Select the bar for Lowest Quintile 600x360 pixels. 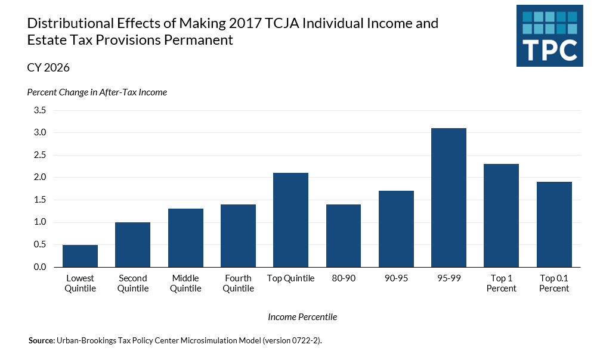[x=80, y=256]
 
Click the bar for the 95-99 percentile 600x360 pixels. [x=449, y=197]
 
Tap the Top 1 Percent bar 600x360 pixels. [x=501, y=215]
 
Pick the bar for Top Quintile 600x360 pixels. [x=290, y=220]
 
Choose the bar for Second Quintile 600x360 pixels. [x=132, y=244]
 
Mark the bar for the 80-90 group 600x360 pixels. [x=343, y=235]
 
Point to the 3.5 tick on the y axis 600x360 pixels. [x=40, y=110]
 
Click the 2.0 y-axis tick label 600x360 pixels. [x=40, y=178]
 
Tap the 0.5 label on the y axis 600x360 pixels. [x=40, y=245]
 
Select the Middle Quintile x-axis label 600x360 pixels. [x=185, y=283]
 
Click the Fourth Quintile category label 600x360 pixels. [x=238, y=283]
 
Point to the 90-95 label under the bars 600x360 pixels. [x=396, y=278]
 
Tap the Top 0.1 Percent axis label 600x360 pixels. [x=554, y=283]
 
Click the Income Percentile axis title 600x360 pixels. [x=302, y=317]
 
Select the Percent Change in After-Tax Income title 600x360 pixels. [x=97, y=92]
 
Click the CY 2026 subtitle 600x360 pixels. [x=48, y=68]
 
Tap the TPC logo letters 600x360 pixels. [x=549, y=49]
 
